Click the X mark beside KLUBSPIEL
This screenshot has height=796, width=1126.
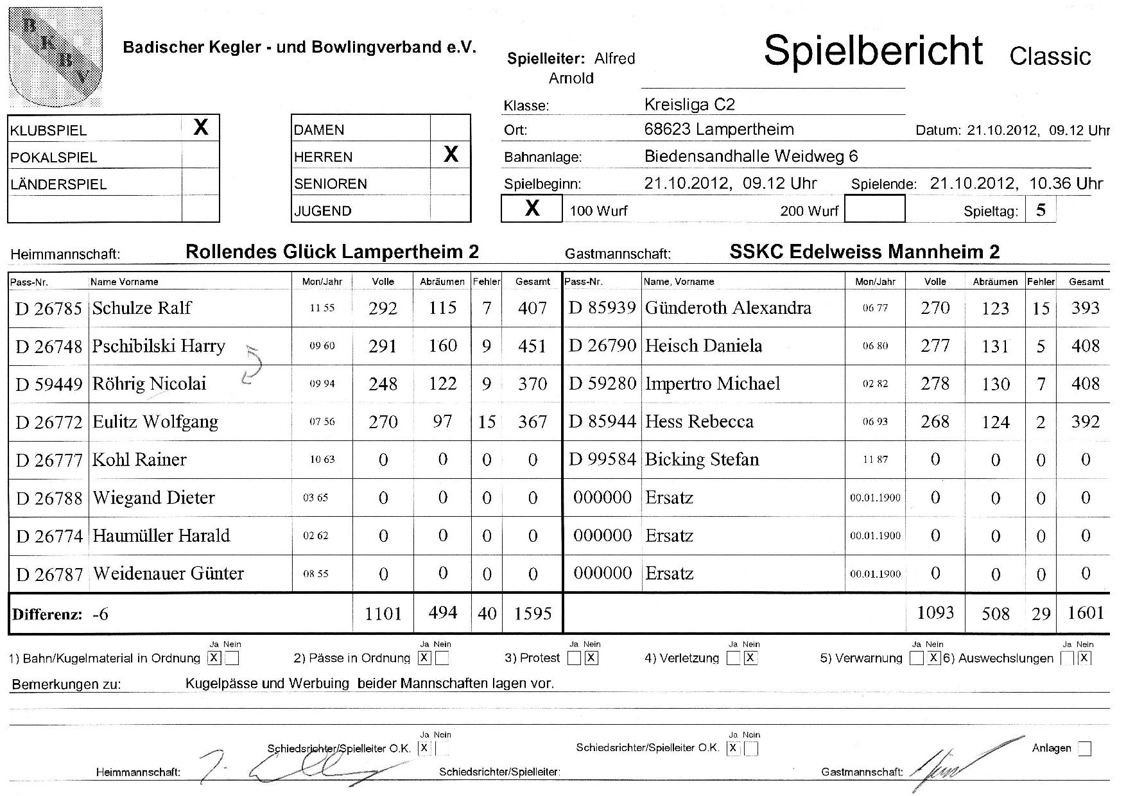pos(201,127)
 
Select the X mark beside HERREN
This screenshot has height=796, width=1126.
pos(451,154)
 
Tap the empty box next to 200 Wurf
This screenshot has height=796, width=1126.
pos(874,209)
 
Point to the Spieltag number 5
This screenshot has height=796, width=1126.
pos(1041,209)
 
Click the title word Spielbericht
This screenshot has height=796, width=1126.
pos(873,50)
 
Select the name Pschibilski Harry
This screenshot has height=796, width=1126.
pos(159,346)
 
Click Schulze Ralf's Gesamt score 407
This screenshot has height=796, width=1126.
pos(532,308)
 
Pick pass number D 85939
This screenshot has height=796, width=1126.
pos(602,308)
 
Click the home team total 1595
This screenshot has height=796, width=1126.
pos(532,614)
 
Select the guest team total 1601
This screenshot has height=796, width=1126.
pos(1086,613)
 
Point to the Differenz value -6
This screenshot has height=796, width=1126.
pos(101,614)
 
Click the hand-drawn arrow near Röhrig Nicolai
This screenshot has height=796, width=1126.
pos(252,365)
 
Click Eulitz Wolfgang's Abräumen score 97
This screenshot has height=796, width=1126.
pos(442,421)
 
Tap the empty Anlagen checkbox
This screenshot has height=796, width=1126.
pos(1084,748)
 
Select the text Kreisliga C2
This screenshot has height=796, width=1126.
pos(689,105)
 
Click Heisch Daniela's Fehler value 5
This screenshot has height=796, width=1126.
pos(1041,347)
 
